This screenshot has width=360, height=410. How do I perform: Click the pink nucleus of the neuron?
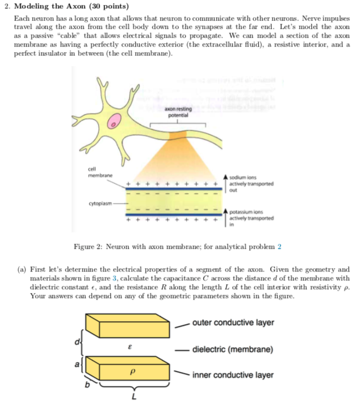tap(114, 122)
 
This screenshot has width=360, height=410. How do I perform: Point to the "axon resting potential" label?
tap(177, 112)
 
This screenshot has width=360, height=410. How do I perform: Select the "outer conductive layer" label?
tap(233, 322)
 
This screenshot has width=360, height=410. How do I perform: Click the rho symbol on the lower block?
tap(132, 372)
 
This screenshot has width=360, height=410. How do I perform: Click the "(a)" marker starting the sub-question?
tap(20, 270)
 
